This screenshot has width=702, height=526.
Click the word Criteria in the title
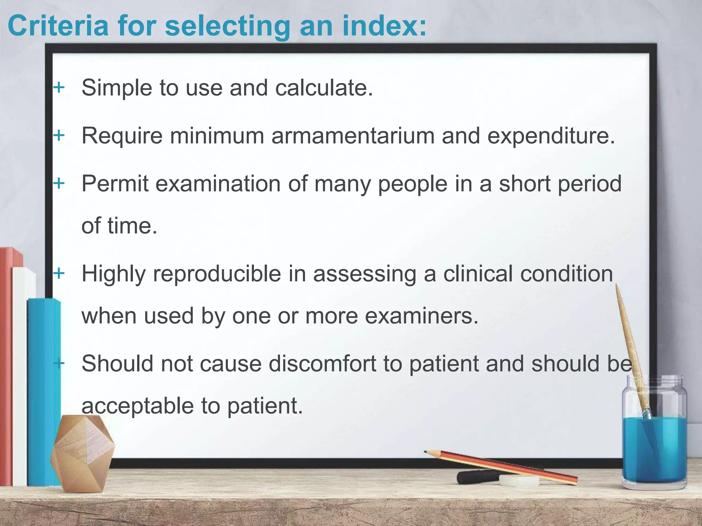pos(58,26)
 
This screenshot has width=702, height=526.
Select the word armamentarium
pos(353,136)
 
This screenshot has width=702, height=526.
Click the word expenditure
pos(551,136)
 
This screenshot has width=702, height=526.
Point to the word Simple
pos(117,88)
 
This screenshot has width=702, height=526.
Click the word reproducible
pos(217,274)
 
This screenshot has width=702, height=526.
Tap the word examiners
pos(421,316)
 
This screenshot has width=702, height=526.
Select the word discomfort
pos(323,364)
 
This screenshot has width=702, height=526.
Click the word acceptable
pos(137,406)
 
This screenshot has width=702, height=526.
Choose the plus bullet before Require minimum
pos(59,136)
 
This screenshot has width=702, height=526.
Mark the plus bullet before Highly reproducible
pos(59,273)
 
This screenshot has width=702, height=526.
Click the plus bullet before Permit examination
pos(59,183)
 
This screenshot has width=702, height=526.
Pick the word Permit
pos(115,184)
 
